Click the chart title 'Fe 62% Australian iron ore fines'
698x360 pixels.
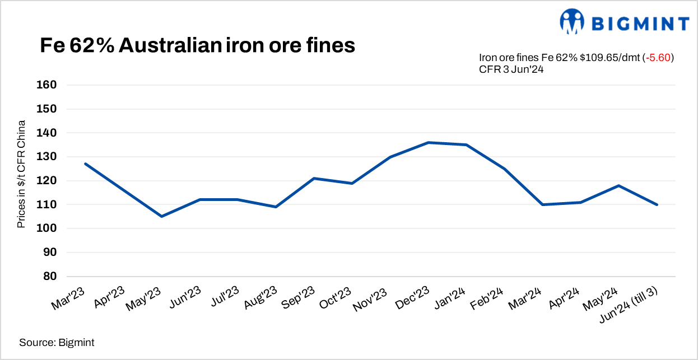(x=197, y=45)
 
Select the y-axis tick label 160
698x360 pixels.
(x=48, y=85)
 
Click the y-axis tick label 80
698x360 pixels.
(x=51, y=277)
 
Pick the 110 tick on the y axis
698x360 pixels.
(x=48, y=205)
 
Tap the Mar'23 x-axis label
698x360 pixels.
(x=72, y=298)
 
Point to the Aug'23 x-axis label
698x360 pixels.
(x=262, y=298)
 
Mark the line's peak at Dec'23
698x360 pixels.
(x=428, y=142)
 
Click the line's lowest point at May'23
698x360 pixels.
(x=161, y=216)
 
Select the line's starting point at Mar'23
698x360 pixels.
(x=85, y=163)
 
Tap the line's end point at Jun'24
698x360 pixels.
(x=657, y=205)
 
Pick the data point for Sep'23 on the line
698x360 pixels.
(x=314, y=178)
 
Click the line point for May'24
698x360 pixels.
(x=619, y=185)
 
